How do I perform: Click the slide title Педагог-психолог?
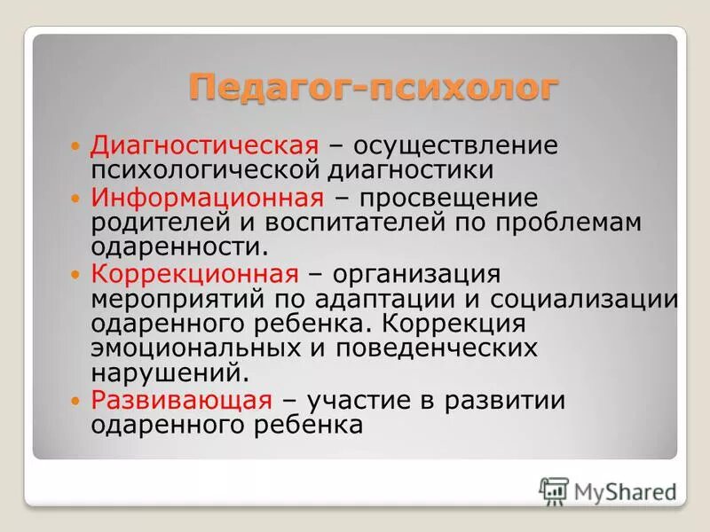(x=374, y=89)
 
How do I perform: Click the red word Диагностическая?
(x=205, y=145)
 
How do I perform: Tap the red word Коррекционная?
(x=194, y=273)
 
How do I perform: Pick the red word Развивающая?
(x=181, y=400)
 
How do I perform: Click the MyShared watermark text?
(x=625, y=490)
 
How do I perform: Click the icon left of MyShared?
(x=554, y=490)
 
